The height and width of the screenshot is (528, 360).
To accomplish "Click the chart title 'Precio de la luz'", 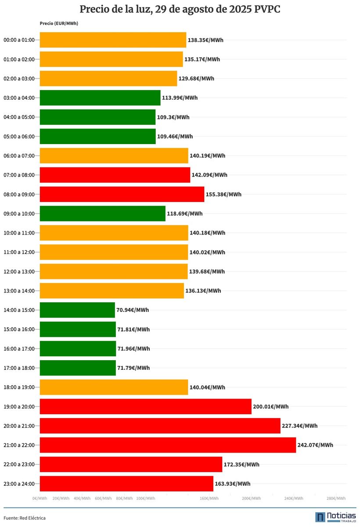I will tap(180, 10).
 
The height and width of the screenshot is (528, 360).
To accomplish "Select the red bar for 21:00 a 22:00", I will tap(168, 445).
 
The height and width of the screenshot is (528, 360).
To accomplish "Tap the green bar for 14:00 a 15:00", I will tap(77, 310).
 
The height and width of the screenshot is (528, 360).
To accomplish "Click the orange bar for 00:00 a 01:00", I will tap(113, 40).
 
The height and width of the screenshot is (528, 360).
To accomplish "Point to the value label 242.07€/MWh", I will tap(315, 445).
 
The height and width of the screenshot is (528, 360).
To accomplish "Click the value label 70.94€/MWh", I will tap(133, 310).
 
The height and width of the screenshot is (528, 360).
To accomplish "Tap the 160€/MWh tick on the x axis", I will tap(209, 499).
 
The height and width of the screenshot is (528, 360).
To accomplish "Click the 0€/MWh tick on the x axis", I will tap(40, 499).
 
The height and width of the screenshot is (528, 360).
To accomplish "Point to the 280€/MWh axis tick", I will tap(336, 499).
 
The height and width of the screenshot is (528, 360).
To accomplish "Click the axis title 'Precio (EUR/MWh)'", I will tap(59, 23).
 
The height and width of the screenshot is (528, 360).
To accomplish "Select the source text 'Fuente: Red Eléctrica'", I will tap(25, 518).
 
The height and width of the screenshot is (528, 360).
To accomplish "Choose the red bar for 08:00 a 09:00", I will tap(122, 194).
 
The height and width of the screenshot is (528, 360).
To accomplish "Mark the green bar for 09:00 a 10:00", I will tap(103, 213).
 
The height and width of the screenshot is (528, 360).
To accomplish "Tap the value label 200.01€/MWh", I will tap(271, 407).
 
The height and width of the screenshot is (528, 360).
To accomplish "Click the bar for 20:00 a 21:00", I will tap(160, 426).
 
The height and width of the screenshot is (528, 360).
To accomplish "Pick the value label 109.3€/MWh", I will tap(173, 117).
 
